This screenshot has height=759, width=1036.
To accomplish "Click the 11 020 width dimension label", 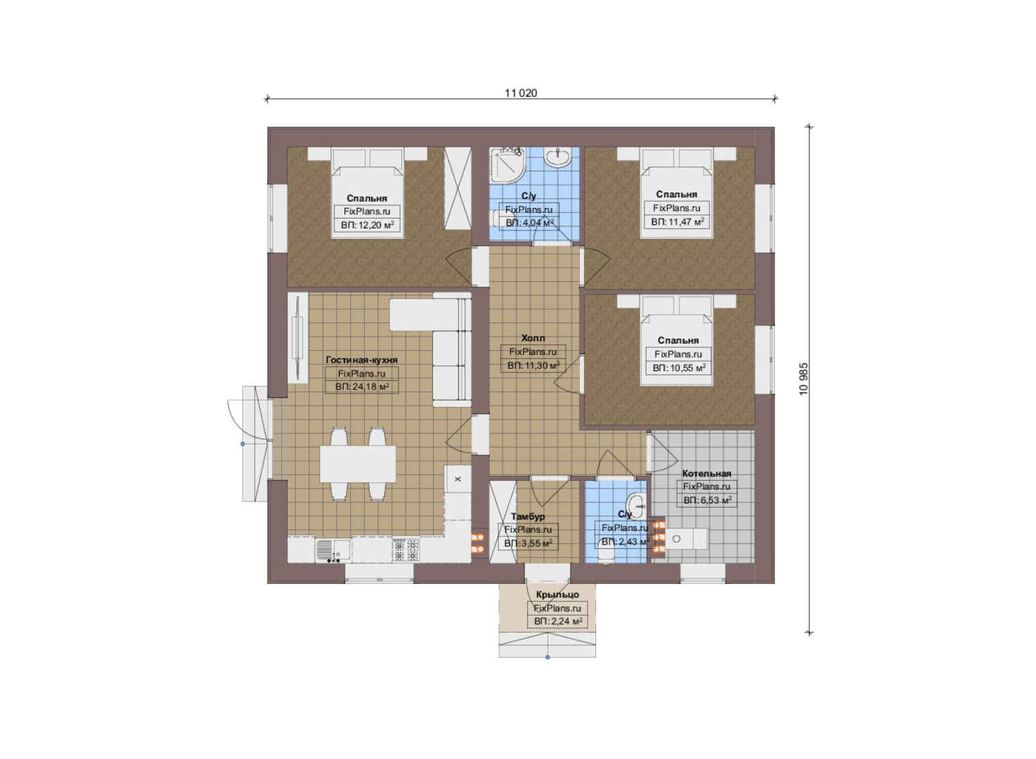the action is pos(521,93).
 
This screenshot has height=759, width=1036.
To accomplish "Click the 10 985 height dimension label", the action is pos(803,379).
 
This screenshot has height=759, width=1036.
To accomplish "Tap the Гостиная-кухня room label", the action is pos(362,360).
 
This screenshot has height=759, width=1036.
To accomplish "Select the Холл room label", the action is pos(533,338).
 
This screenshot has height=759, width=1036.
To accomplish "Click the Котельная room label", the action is pos(706,474).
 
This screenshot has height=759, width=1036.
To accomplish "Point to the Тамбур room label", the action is pos(528,517).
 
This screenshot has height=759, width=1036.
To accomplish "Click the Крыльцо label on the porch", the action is pos(557,595).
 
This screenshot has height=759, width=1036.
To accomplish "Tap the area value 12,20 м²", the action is pos(367,226).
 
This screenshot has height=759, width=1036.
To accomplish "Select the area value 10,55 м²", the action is pos(679,368).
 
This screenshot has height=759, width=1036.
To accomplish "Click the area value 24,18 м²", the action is pos(362,387).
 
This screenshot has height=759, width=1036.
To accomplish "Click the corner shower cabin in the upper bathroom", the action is pos(507,164).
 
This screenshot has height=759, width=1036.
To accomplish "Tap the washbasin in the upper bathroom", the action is pos(558,157).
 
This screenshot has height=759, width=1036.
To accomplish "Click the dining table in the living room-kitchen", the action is pos(358,464).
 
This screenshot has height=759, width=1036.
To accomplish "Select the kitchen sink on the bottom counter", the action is pos(332,550).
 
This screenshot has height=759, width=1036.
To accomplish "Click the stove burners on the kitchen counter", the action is pos(406,550).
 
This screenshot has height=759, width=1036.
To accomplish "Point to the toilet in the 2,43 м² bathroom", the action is pos(607,552).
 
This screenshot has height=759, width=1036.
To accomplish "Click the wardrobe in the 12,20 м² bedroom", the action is pos(458,188).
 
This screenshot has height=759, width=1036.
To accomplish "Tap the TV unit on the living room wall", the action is pos(298,338).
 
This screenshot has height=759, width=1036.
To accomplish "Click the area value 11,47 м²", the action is pos(678,222).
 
